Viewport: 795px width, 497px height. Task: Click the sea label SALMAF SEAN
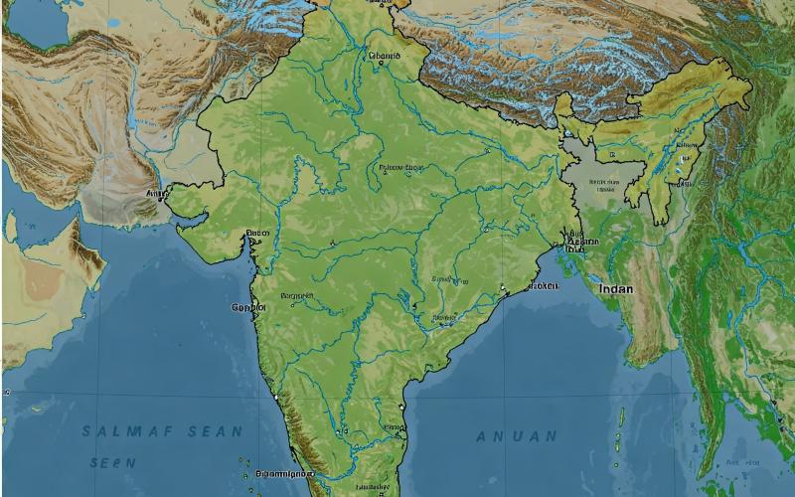point(162,431)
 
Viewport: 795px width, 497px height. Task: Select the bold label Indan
point(615,288)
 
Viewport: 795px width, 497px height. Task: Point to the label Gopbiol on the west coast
point(248,307)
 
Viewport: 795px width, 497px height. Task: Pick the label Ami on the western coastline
point(154,194)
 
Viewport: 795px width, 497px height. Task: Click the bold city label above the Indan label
point(580,242)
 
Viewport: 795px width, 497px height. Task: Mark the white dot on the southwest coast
point(273,398)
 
